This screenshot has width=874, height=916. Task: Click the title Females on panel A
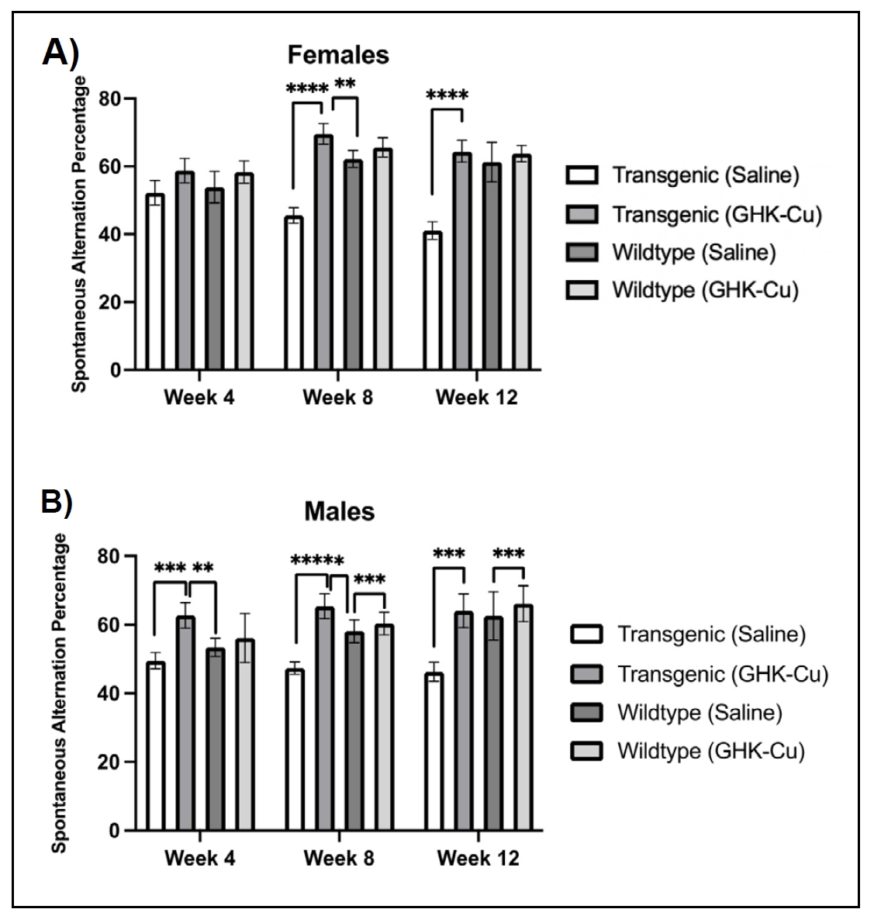(338, 55)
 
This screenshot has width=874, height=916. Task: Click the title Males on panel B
(339, 512)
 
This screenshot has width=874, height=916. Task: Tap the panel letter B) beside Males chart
(57, 502)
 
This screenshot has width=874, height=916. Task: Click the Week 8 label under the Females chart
(337, 399)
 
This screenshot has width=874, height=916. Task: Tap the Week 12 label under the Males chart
(478, 859)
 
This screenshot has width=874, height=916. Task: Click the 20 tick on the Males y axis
(112, 762)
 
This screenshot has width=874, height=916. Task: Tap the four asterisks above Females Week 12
(447, 96)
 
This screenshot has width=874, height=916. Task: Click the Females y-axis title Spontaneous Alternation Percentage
(79, 233)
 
